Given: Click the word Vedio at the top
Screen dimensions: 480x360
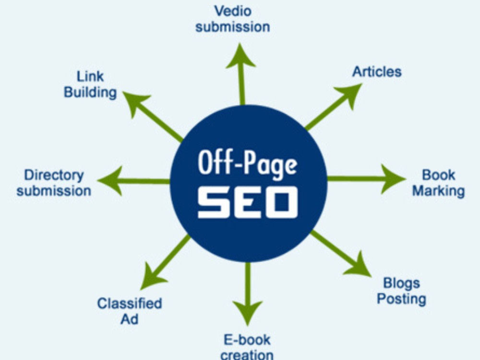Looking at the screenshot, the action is pos(233,11).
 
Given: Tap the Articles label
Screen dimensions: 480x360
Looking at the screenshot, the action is pos(377,72).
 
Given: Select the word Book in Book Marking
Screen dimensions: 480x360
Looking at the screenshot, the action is pos(439,175).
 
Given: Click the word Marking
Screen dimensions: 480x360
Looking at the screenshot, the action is pos(439,192).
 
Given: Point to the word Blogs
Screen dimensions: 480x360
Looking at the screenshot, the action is pos(401,284).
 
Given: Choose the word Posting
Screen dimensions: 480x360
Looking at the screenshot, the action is pos(401,299).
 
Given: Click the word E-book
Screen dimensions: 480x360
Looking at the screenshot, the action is pos(247,340).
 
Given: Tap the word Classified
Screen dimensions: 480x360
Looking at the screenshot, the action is pos(130,303).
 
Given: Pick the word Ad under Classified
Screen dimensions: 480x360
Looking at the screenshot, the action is pos(130,319).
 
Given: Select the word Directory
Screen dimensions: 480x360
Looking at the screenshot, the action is pos(54,175).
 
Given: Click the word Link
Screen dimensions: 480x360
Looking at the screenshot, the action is pos(90,76).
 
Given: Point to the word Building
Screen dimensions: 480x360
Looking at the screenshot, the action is pos(90,93).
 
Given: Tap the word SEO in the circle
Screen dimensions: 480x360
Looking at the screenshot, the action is pos(247,202).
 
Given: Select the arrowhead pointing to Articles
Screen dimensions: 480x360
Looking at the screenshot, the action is pos(350,94).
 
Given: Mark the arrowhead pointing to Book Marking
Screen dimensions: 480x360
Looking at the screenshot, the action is pos(393,179).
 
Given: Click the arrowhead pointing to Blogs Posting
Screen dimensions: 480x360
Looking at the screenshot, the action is pos(359,266).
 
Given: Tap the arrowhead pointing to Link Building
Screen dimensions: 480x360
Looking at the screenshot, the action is pos(135,103).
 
